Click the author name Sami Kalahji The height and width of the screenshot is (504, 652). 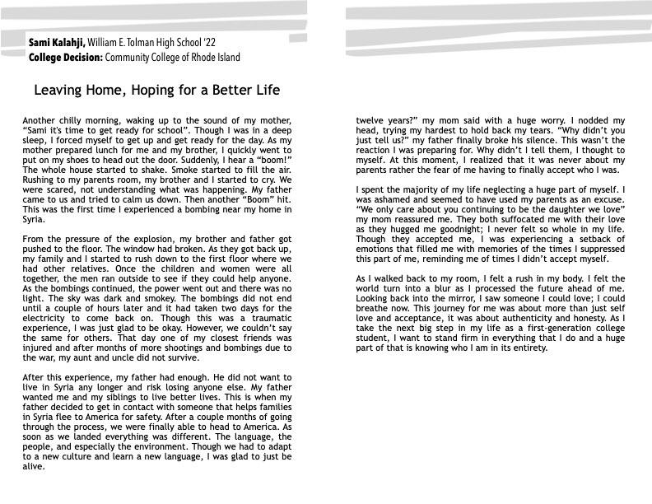coord(55,42)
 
